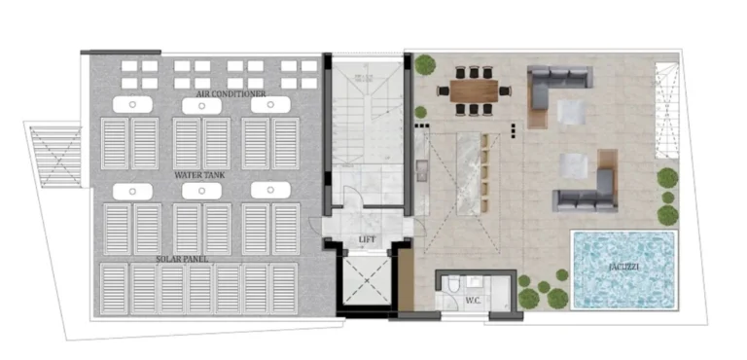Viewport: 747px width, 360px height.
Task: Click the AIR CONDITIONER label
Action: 231,93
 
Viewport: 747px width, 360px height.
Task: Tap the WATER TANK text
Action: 200,175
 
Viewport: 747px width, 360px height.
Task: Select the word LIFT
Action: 367,239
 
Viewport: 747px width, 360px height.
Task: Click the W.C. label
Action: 474,300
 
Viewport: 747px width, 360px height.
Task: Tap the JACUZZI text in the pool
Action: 623,266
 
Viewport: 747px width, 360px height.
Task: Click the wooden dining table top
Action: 474,90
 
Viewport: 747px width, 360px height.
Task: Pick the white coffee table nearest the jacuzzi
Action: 577,169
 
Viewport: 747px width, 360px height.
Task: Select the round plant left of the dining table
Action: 425,65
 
